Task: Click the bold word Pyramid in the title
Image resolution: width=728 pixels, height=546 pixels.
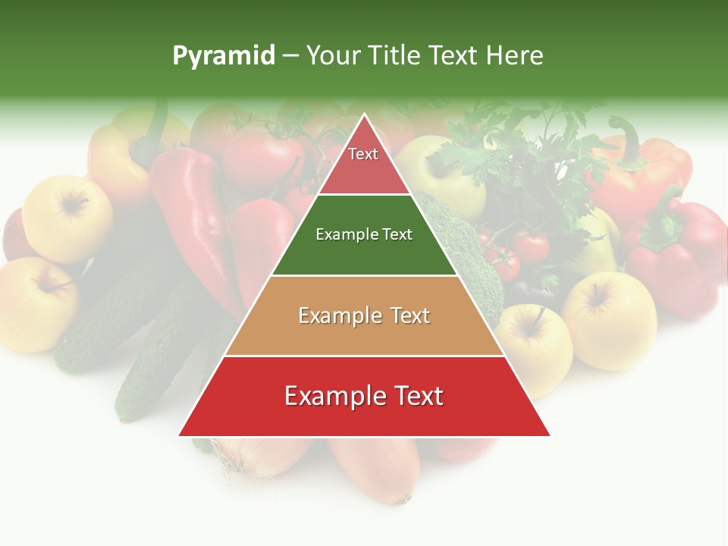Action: coord(223,56)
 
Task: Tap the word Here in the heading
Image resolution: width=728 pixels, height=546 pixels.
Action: coord(514,56)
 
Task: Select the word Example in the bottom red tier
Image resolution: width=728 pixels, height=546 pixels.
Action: coord(331,397)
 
